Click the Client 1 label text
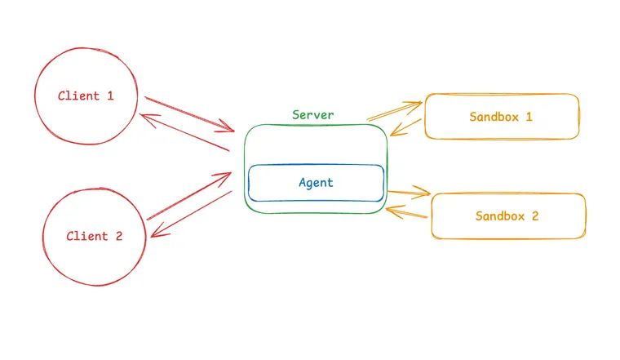tap(85, 96)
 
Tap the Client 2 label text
tap(94, 237)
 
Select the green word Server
tap(313, 115)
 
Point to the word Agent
tap(316, 183)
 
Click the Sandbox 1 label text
tap(501, 117)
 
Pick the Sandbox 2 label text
tap(507, 216)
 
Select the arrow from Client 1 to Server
tap(189, 113)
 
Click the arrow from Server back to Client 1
tap(184, 132)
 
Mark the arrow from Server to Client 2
tap(192, 214)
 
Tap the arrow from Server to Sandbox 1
tap(395, 111)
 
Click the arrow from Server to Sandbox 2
tap(408, 193)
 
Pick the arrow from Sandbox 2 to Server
tap(407, 214)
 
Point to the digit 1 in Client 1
tap(110, 96)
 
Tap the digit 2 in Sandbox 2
tap(535, 216)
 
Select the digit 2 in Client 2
tap(118, 237)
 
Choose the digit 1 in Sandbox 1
tap(529, 117)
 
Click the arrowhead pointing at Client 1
tap(144, 117)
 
